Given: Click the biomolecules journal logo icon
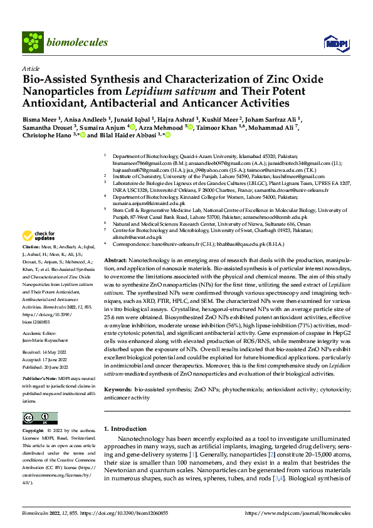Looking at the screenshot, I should [x=31, y=42].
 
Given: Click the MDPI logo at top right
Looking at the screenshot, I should [x=334, y=43].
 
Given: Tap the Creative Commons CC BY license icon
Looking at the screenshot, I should [x=36, y=418].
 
